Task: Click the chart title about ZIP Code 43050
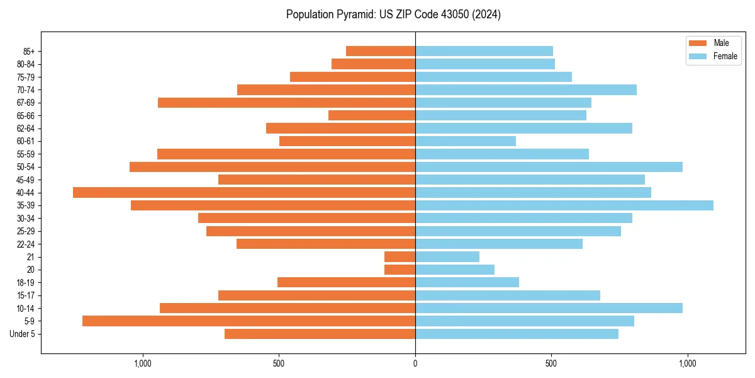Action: point(393,14)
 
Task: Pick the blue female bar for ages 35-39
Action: point(564,205)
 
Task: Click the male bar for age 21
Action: point(400,257)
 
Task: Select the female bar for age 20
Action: point(455,270)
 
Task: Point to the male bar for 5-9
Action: point(249,321)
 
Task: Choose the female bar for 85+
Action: point(484,51)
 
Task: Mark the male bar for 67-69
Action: point(286,103)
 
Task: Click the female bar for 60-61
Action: point(466,141)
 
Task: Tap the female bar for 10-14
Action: point(549,308)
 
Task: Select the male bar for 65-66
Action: point(372,115)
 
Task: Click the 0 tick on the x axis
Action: point(415,364)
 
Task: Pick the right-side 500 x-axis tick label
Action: point(551,364)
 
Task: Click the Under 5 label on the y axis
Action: point(22,334)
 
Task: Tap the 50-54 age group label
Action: point(26,167)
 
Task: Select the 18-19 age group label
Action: point(26,283)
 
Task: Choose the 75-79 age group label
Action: point(26,77)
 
